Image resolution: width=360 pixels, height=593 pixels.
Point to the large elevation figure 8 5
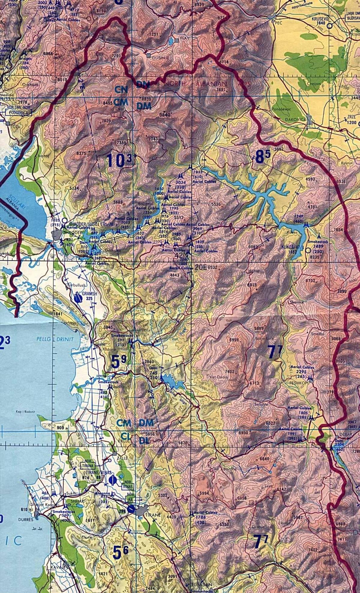262,157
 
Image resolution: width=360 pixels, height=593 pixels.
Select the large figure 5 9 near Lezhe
118,362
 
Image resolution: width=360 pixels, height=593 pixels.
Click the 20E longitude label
201,267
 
